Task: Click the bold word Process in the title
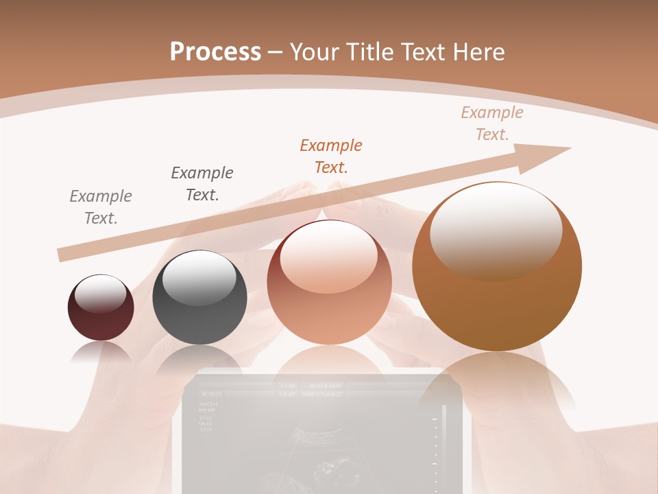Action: point(215,52)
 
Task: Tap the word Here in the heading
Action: point(478,52)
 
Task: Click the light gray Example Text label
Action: point(101,207)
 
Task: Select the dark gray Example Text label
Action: point(202,183)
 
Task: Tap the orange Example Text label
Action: point(331,156)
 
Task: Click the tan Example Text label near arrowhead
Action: point(492,123)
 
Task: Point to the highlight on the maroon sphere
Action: point(100,293)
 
